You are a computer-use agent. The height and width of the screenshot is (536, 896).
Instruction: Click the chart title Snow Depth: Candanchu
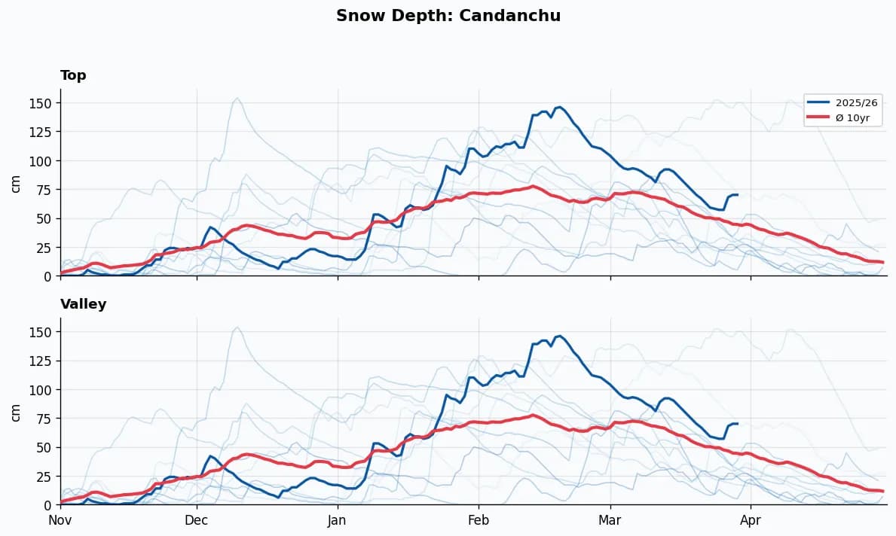coord(448,16)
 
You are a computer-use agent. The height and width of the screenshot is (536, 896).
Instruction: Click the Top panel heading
coord(73,75)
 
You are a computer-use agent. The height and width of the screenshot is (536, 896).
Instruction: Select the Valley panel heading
coord(83,304)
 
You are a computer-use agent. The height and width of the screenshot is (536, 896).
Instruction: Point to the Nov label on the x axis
coord(60,519)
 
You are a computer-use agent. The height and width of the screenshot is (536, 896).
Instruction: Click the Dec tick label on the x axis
coord(197,519)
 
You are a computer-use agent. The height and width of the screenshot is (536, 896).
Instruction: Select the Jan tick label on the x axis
coord(337,519)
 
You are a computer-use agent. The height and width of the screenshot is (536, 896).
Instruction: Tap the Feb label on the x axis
coord(478,519)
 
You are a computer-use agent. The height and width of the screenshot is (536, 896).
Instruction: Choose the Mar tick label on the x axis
coord(610,519)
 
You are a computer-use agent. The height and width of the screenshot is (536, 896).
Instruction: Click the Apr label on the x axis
coord(751,519)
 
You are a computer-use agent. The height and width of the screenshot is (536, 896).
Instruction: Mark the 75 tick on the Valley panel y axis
coord(44,419)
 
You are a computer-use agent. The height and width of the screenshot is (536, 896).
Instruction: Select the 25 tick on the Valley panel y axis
coord(44,477)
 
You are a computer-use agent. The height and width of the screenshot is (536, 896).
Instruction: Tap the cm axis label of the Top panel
coord(16,183)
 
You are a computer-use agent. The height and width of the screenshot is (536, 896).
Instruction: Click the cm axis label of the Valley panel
coord(16,412)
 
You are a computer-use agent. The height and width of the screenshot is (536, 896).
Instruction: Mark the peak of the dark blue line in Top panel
coord(558,107)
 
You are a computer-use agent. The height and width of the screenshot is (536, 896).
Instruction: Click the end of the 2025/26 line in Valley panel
coord(737,423)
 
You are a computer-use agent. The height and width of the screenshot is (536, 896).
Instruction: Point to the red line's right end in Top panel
coord(883,262)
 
